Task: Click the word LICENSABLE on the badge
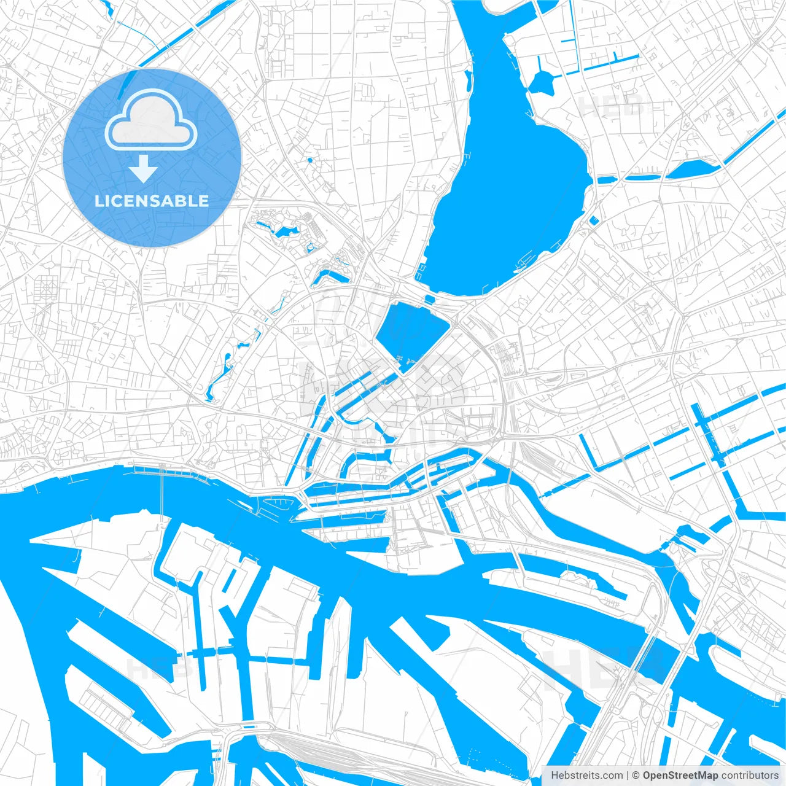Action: tap(152, 201)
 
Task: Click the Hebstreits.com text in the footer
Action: tap(586, 776)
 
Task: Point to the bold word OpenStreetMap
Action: tap(680, 776)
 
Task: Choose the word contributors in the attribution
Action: tap(750, 776)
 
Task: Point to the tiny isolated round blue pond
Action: tap(309, 160)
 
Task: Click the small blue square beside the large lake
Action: tap(593, 220)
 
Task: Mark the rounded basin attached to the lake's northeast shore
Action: tap(542, 81)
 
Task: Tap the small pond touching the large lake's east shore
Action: tap(607, 180)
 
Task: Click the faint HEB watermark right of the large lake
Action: tap(611, 106)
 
